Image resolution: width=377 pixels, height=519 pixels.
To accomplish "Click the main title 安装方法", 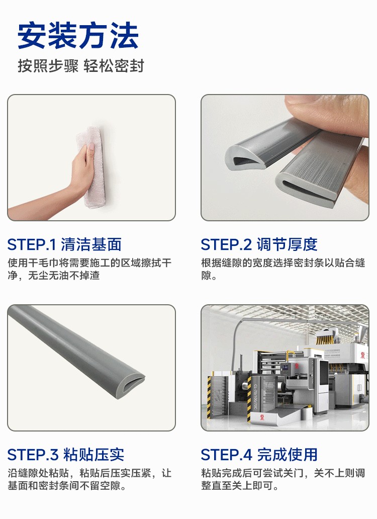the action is tap(78, 36).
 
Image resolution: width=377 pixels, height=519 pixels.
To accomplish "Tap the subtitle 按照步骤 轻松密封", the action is tap(81, 66).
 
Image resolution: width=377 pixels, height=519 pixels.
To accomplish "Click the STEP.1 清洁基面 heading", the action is tap(64, 244).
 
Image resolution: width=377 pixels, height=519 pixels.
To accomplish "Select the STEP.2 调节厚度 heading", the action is tap(259, 244).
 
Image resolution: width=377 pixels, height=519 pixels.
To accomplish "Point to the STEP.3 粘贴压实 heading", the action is tap(66, 455).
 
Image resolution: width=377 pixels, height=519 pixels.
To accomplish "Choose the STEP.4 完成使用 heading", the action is tap(259, 455).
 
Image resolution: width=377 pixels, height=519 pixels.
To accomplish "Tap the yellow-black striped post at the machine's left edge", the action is tap(209, 398).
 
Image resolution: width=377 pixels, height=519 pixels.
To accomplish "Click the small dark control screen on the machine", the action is tap(285, 367).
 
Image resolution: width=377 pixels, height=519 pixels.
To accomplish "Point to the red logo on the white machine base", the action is tap(263, 416).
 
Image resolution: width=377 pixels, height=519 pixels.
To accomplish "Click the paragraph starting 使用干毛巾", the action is tap(89, 269).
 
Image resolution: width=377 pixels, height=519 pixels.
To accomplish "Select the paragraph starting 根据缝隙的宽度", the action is tap(283, 269).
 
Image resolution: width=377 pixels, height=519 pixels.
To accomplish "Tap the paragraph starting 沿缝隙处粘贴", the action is tap(89, 479).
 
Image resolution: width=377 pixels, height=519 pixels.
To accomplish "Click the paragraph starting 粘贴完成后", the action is tap(283, 479).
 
